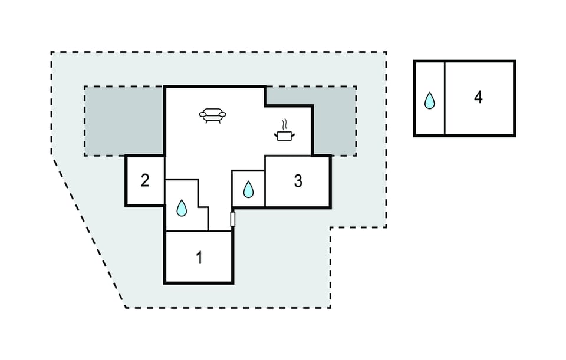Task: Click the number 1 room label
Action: click(x=199, y=258)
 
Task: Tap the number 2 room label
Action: click(x=145, y=180)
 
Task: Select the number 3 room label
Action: click(x=298, y=181)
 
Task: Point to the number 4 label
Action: click(x=478, y=97)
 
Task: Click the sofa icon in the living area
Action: click(x=212, y=115)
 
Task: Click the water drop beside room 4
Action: click(x=430, y=100)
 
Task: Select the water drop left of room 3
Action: click(x=248, y=189)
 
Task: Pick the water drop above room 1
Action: click(x=182, y=208)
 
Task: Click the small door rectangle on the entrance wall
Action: click(x=233, y=219)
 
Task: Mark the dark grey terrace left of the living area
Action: click(x=124, y=121)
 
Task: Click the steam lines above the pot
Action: click(x=285, y=124)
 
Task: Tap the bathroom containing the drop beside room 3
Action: click(x=248, y=189)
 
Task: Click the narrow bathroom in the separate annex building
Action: click(x=430, y=98)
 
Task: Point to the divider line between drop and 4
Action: click(x=445, y=98)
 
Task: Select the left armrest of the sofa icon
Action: click(x=203, y=115)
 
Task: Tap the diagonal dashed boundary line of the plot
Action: click(x=89, y=233)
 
